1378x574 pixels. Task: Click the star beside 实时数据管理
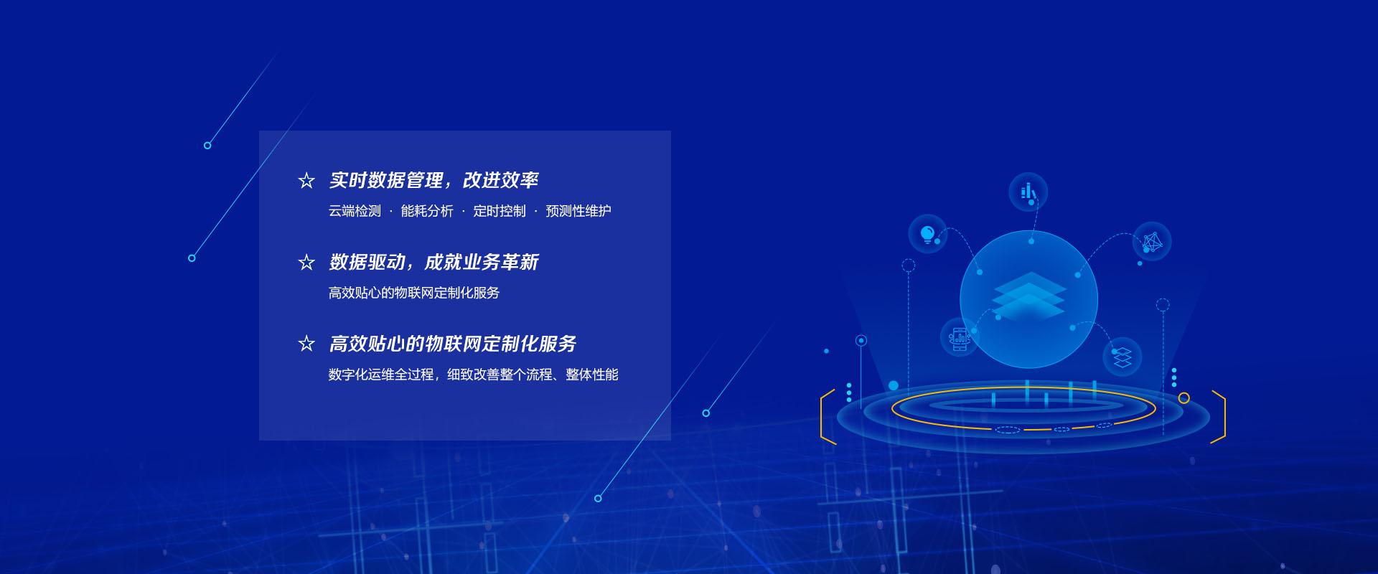pos(306,181)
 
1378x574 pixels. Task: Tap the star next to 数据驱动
pos(306,263)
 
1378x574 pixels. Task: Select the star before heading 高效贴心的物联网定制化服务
pos(306,344)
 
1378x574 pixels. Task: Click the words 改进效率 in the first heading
pos(501,180)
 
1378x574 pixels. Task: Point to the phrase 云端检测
pos(355,211)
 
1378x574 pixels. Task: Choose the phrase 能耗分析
pos(427,211)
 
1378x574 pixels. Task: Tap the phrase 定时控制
pos(500,211)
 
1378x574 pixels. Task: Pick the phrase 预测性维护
pos(578,211)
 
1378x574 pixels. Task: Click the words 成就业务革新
pos(482,262)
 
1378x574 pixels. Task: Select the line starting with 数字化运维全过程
pos(473,375)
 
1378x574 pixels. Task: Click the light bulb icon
pos(927,233)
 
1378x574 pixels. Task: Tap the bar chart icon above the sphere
pos(1028,192)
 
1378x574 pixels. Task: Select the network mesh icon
pos(1151,242)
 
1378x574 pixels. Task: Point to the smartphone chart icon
pos(960,337)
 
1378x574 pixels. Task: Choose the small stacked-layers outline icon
pos(1122,357)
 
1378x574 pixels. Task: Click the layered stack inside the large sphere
pos(1029,296)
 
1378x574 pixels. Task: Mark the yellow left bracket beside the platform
pos(827,417)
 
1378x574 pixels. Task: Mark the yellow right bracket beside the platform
pos(1219,417)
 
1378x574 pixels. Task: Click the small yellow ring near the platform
pos(1184,397)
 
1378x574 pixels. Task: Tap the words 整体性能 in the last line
pos(592,375)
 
